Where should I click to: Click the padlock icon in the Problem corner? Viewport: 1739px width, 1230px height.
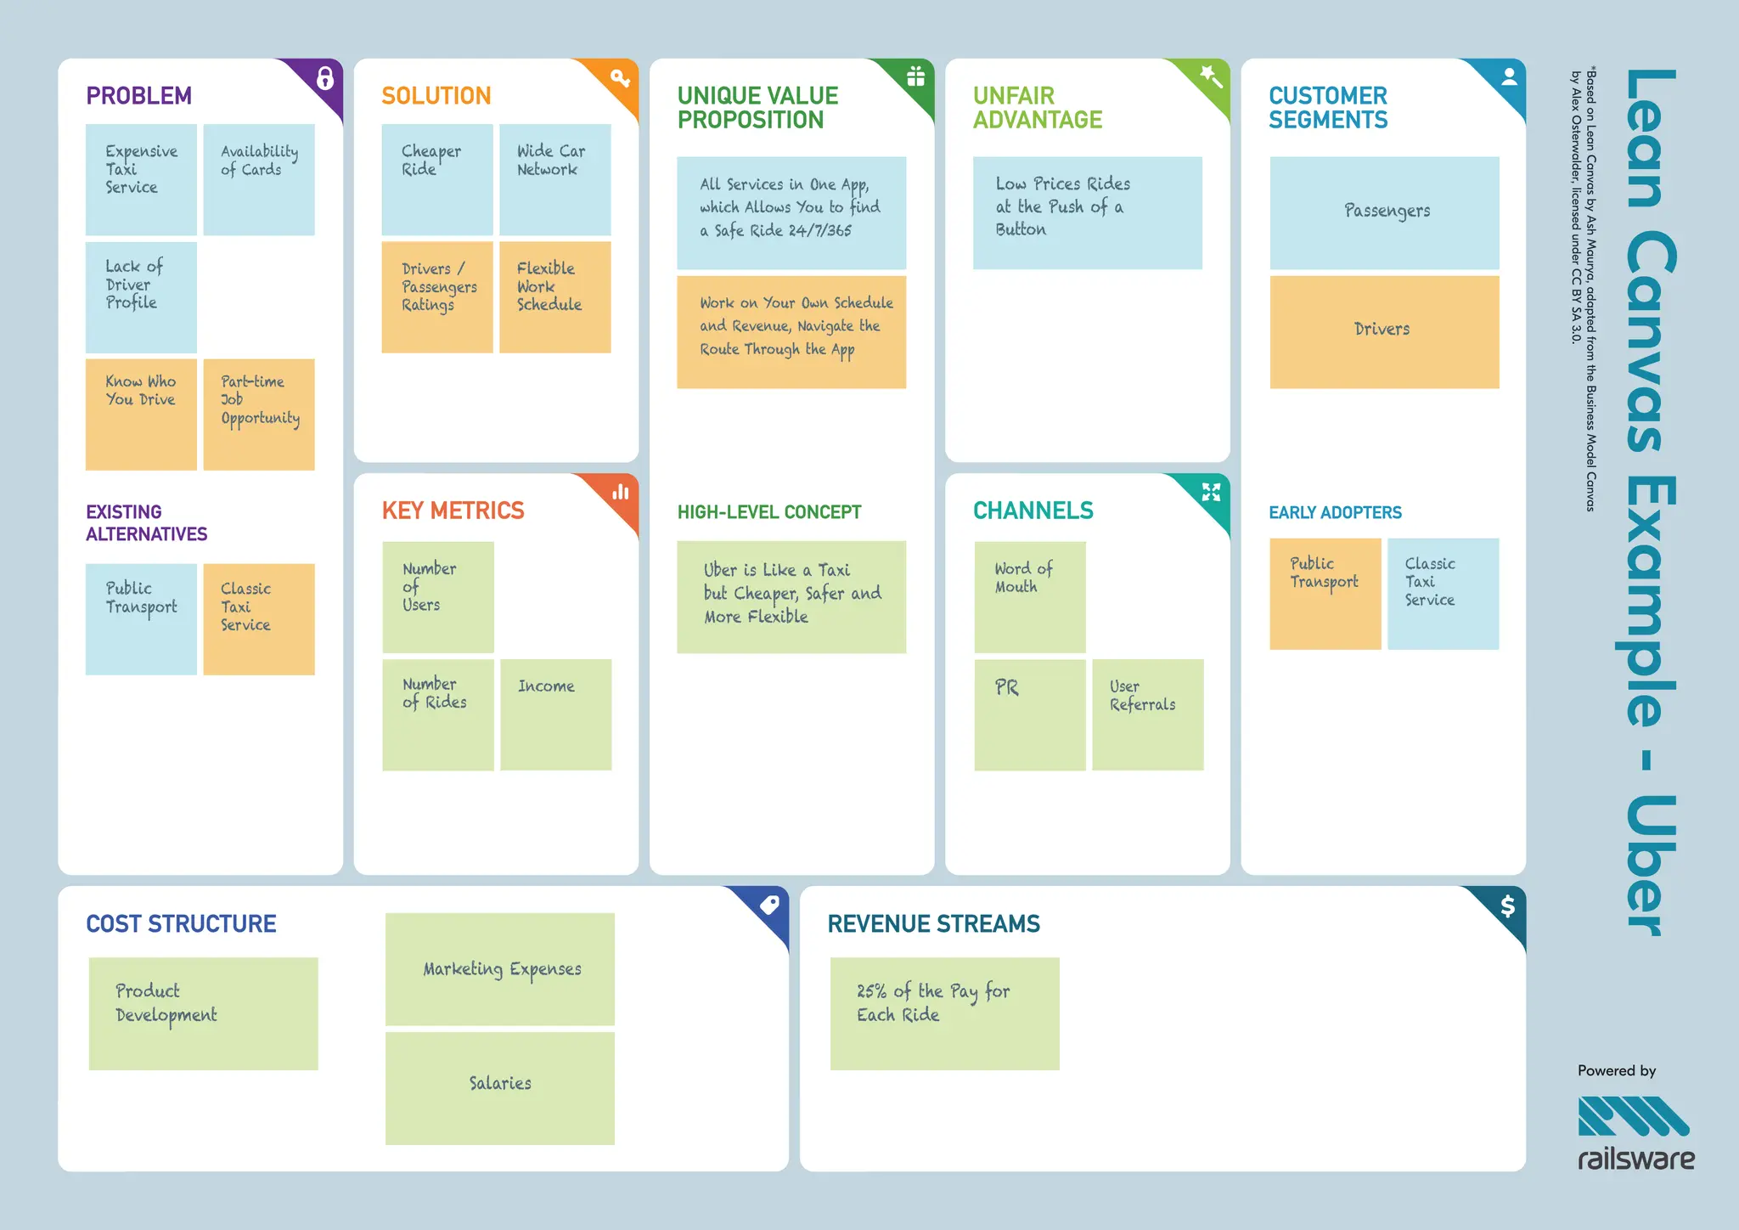pyautogui.click(x=325, y=78)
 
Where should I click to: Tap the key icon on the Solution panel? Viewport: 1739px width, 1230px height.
pyautogui.click(x=620, y=78)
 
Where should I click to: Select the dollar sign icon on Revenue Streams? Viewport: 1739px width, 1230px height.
pyautogui.click(x=1507, y=906)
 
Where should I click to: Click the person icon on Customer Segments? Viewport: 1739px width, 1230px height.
pyautogui.click(x=1509, y=77)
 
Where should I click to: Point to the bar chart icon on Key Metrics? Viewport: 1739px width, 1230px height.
pyautogui.click(x=622, y=492)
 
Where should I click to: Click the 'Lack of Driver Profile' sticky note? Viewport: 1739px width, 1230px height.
pyautogui.click(x=141, y=297)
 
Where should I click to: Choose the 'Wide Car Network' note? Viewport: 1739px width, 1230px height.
pyautogui.click(x=554, y=179)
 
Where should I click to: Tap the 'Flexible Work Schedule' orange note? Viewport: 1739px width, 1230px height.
pyautogui.click(x=554, y=297)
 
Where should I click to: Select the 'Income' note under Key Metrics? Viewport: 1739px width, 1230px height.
pyautogui.click(x=555, y=714)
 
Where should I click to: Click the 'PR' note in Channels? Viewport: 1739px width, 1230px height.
pyautogui.click(x=1029, y=714)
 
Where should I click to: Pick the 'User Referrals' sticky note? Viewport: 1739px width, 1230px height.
pyautogui.click(x=1147, y=714)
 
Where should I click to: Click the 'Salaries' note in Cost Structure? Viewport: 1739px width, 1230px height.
pyautogui.click(x=499, y=1088)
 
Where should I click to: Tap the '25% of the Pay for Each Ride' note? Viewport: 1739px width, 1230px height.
pyautogui.click(x=944, y=1013)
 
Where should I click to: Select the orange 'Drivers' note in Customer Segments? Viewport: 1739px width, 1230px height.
pyautogui.click(x=1384, y=332)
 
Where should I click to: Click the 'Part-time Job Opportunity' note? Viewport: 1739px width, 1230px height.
pyautogui.click(x=259, y=415)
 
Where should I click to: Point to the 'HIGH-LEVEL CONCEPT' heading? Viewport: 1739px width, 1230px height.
pyautogui.click(x=769, y=512)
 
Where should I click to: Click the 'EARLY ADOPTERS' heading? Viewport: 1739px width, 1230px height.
pyautogui.click(x=1335, y=512)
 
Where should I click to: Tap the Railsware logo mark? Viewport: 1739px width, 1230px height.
pyautogui.click(x=1633, y=1116)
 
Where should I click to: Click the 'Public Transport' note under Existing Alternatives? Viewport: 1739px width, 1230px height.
pyautogui.click(x=141, y=619)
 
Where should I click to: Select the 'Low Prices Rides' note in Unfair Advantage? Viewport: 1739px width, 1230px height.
pyautogui.click(x=1087, y=213)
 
